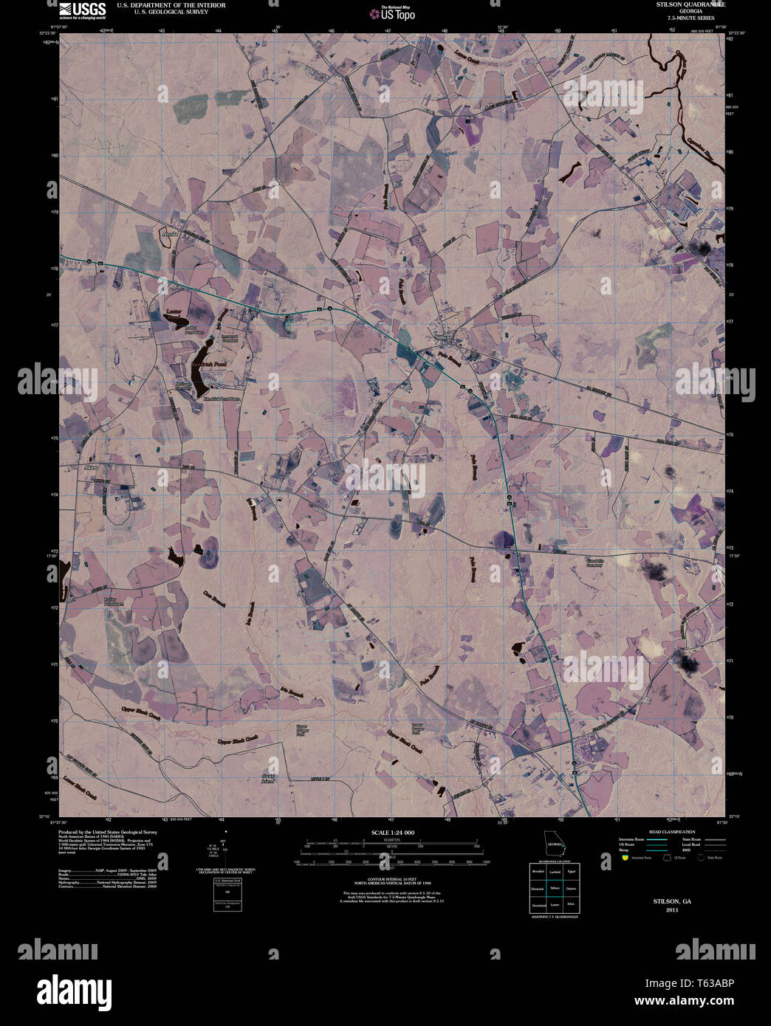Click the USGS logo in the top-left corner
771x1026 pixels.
tap(82, 9)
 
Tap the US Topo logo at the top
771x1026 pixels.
tap(392, 13)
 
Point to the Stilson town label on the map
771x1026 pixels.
tap(443, 337)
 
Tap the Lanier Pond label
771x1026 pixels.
tap(174, 312)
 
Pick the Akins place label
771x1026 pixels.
tap(92, 466)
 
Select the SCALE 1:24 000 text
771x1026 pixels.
tap(393, 833)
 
